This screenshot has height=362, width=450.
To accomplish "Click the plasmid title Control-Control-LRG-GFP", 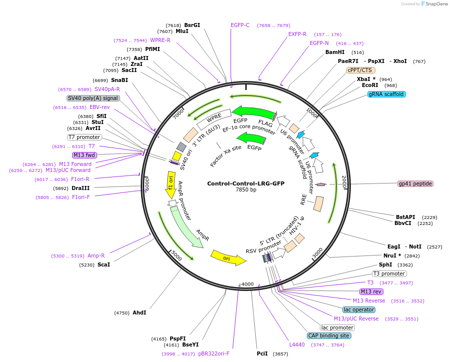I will tap(245, 183).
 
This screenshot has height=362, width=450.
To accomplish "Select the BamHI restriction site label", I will tap(335, 52).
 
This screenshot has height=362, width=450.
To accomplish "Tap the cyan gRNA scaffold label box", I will tap(386, 94).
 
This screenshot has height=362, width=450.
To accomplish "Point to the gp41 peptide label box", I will tap(415, 183).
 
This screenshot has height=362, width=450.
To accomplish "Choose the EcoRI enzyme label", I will tap(370, 85).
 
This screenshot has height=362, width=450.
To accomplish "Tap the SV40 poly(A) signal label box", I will tap(93, 98).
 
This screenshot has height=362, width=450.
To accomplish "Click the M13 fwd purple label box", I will tap(84, 155).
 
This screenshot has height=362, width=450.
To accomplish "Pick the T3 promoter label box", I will tap(389, 273).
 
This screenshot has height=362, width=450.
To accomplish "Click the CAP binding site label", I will tap(328, 336).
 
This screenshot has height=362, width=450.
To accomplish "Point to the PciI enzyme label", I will tap(262, 353).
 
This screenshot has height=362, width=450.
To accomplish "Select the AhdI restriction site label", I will tap(139, 312).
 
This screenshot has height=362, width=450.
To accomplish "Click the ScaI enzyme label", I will tap(104, 264).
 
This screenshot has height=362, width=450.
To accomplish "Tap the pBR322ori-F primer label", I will tap(214, 353).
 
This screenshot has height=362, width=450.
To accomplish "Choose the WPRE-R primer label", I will tap(160, 40).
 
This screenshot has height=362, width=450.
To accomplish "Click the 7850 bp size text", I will tap(246, 190).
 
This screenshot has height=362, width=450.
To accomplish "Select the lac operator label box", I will tap(358, 309).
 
